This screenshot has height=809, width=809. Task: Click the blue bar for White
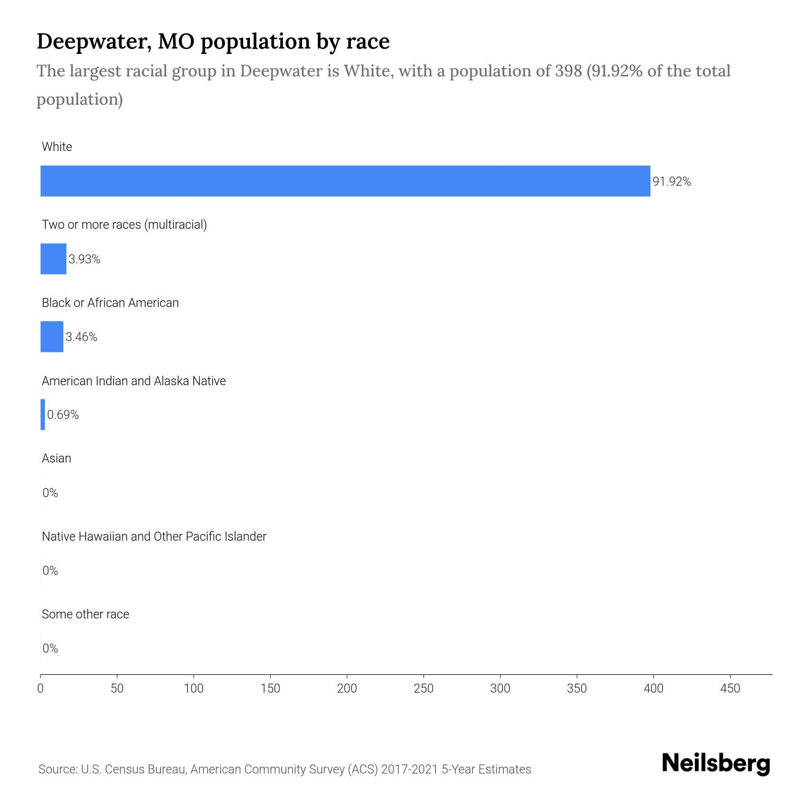click(345, 181)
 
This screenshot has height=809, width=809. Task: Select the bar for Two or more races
click(53, 259)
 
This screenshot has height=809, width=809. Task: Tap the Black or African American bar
click(52, 337)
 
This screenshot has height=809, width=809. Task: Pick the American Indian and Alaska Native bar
click(43, 414)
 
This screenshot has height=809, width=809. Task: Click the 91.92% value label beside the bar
click(671, 182)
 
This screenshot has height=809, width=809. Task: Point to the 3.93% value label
click(84, 259)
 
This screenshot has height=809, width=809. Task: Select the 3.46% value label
click(81, 337)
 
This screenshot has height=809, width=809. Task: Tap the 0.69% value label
click(63, 415)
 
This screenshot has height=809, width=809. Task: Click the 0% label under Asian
click(50, 493)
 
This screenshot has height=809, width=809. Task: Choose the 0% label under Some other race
click(50, 648)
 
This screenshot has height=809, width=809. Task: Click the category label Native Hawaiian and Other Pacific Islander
click(154, 537)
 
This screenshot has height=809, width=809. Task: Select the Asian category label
click(56, 458)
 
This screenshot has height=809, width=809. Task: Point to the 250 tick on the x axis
click(423, 689)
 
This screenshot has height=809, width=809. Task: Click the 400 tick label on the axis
click(653, 689)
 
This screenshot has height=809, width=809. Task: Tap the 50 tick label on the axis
click(117, 689)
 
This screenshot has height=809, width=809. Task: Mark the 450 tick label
click(730, 689)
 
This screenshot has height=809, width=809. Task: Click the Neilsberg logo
click(716, 764)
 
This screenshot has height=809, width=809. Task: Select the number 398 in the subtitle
click(568, 71)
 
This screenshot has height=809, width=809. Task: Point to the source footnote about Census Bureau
click(284, 769)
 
